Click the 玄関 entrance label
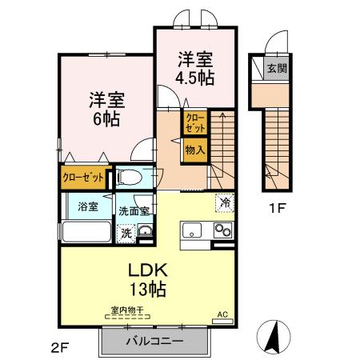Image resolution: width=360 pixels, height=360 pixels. click(277, 69)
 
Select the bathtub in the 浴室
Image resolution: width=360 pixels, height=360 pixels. click(86, 231)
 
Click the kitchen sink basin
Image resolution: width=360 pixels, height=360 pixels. click(191, 230)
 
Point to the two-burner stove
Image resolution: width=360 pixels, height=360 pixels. click(223, 230)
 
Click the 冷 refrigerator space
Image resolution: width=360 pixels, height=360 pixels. click(225, 203)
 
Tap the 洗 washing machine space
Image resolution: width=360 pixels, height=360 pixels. click(126, 234)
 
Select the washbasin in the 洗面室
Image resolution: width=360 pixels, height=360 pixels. click(145, 231)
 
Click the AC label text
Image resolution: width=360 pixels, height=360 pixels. click(222, 314)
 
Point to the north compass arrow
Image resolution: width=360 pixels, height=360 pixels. click(274, 335)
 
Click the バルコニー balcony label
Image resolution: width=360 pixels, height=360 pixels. click(154, 342)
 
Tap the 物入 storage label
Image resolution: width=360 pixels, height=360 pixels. click(195, 150)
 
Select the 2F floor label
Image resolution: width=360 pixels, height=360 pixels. click(60, 348)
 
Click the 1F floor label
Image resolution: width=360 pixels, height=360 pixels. click(277, 208)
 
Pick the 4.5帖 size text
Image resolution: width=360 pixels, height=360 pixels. click(194, 78)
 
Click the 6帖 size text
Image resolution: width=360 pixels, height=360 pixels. click(106, 119)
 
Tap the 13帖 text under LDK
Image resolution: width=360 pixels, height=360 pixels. click(148, 289)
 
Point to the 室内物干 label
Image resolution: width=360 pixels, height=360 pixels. click(127, 310)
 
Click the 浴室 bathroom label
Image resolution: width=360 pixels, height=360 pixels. click(88, 206)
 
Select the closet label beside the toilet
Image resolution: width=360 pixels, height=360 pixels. click(83, 178)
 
